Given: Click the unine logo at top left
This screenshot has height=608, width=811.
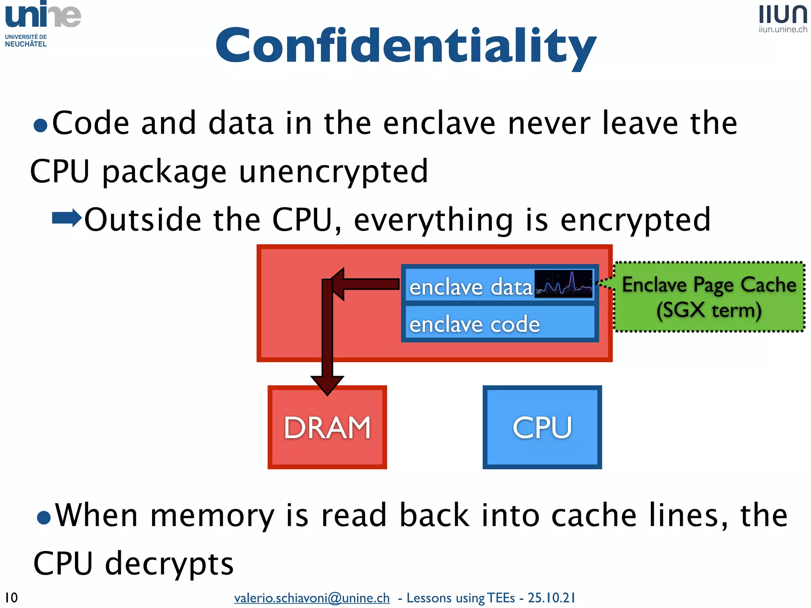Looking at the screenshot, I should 43,16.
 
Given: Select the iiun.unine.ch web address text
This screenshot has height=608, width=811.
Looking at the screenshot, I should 783,30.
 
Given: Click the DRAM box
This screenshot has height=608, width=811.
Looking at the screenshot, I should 327,427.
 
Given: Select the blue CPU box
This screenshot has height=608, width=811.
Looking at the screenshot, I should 542,427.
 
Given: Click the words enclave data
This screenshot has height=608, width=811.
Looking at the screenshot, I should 470,287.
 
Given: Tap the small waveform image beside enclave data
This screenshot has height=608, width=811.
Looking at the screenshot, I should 563,284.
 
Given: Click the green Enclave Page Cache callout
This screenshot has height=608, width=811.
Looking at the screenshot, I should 709,297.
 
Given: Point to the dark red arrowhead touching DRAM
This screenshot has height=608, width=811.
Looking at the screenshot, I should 327,384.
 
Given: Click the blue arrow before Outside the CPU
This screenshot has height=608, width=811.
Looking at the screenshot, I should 67,218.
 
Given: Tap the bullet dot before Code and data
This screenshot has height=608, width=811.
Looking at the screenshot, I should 40,126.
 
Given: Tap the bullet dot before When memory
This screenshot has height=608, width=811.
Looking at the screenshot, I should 44,517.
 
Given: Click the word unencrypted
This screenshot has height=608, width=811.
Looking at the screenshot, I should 333,172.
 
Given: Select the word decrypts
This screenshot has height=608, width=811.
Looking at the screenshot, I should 169,563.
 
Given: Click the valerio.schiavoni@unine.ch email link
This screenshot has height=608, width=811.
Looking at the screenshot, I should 312,598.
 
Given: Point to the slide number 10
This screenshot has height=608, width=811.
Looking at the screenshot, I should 11,597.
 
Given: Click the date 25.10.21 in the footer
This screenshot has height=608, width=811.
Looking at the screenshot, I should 551,598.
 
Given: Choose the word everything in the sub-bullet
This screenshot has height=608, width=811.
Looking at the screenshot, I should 433,220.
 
